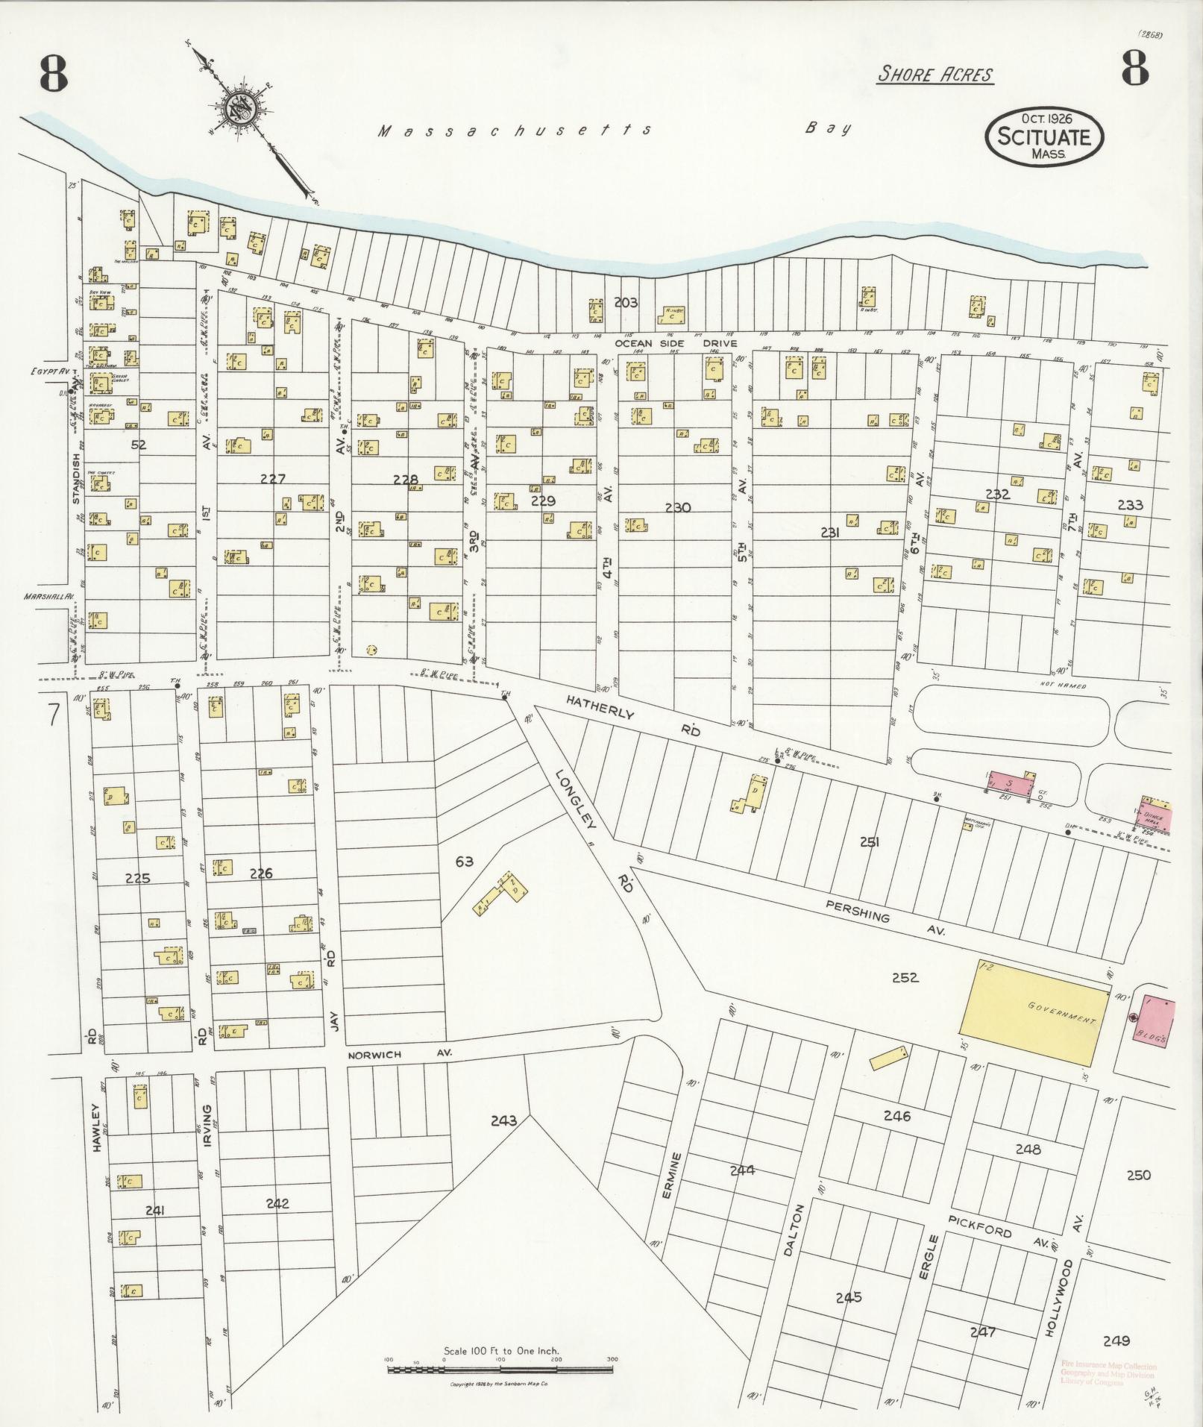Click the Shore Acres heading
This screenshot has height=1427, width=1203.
(x=935, y=75)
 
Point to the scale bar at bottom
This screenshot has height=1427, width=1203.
(x=500, y=1369)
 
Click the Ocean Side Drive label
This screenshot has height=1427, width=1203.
(x=676, y=344)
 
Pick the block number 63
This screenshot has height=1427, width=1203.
(x=464, y=862)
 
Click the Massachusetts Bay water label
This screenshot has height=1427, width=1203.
(x=515, y=131)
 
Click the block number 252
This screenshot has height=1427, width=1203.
(x=905, y=977)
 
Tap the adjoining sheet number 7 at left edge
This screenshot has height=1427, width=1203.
(x=53, y=714)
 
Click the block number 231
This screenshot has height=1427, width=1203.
(x=830, y=533)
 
